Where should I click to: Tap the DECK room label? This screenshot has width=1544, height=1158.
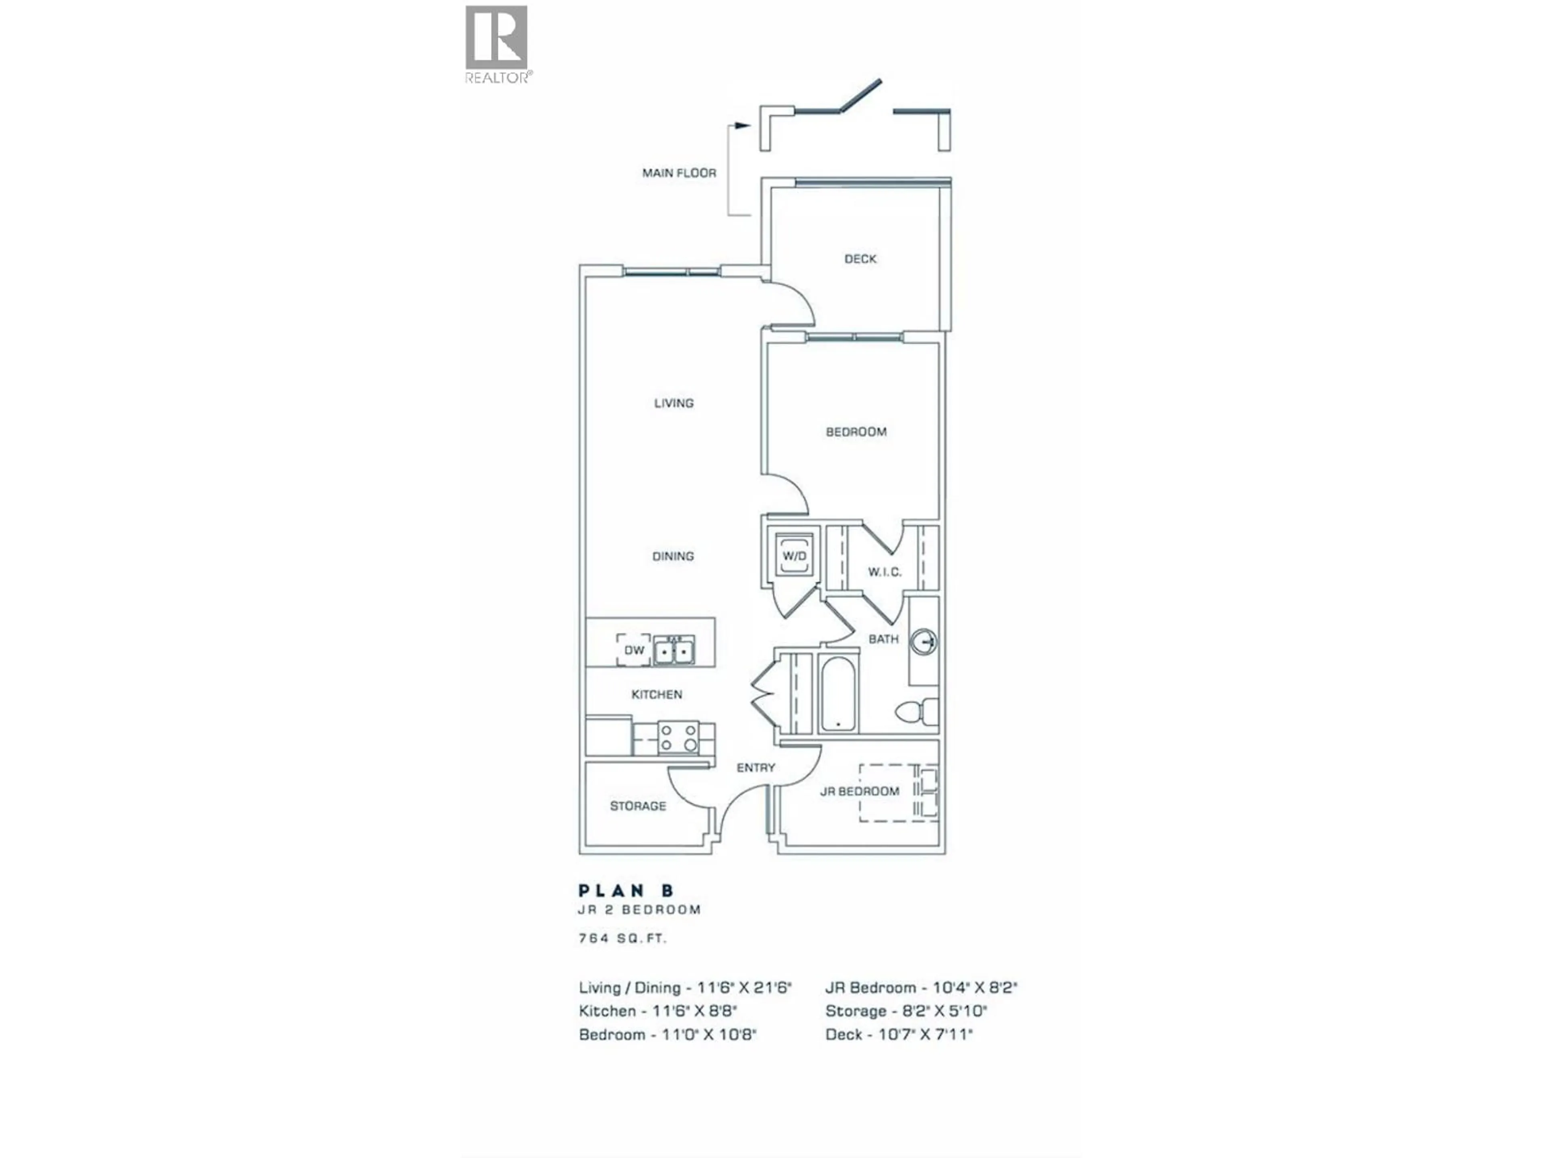pos(860,259)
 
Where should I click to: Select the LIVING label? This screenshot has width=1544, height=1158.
pos(673,403)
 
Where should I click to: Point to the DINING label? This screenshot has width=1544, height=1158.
pos(673,556)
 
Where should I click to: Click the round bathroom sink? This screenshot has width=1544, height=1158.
pos(926,641)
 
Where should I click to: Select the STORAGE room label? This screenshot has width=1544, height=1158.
pos(638,806)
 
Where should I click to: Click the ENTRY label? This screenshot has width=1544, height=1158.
pos(756,768)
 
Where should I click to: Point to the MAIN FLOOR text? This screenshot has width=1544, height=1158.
pos(679,173)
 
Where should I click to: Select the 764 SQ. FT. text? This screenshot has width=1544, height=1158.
pos(622,939)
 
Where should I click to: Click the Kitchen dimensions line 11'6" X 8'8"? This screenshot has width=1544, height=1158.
pos(657,1011)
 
